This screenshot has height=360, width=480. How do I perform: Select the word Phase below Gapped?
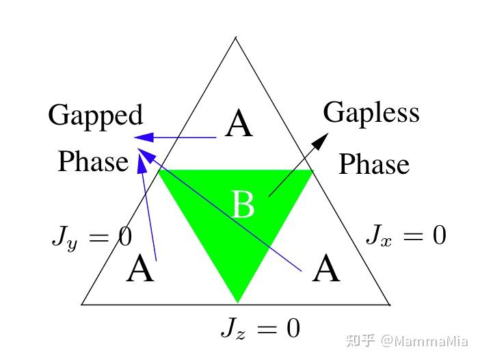93,161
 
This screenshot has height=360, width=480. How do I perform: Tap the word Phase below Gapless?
374,164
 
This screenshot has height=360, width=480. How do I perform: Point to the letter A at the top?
239,123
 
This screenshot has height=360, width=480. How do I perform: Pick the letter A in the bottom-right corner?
326,268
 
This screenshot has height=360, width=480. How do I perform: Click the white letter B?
243,205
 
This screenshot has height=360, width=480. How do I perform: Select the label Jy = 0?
92,238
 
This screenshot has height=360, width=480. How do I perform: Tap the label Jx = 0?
406,235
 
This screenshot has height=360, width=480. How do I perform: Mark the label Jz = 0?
261,329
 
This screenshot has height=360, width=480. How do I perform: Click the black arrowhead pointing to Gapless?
321,141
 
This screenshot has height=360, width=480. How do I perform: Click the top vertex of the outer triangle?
235,38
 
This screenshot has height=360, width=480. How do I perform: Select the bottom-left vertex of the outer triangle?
81,305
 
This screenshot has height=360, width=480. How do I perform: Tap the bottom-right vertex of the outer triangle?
389,305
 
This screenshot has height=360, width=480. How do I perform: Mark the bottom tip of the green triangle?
237,303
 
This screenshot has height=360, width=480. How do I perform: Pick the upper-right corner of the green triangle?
313,170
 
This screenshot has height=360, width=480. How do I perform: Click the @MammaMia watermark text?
425,341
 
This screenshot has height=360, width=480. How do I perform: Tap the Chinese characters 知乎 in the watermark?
361,340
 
